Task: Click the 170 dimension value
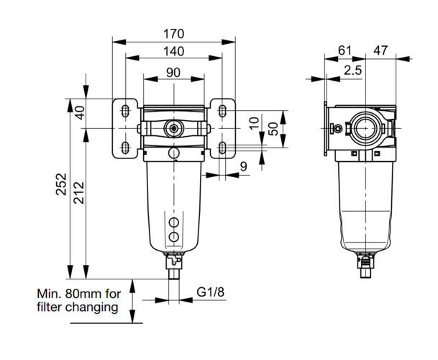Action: [174, 34]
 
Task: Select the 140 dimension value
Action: [174, 51]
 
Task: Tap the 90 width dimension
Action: [173, 73]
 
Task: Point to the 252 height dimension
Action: [61, 184]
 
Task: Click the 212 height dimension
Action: [79, 193]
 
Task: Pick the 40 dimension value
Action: [80, 113]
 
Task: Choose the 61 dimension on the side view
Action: [345, 50]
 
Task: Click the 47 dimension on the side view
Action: [381, 50]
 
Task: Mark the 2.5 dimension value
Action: [353, 71]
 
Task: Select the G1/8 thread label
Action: [211, 292]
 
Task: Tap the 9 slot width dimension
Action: [244, 167]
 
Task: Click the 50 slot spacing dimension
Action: [275, 129]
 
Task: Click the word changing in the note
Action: [92, 307]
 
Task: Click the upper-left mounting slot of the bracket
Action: [125, 111]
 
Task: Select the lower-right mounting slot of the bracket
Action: [222, 148]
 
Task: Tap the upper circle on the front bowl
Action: [174, 222]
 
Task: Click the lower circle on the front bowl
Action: [174, 237]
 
